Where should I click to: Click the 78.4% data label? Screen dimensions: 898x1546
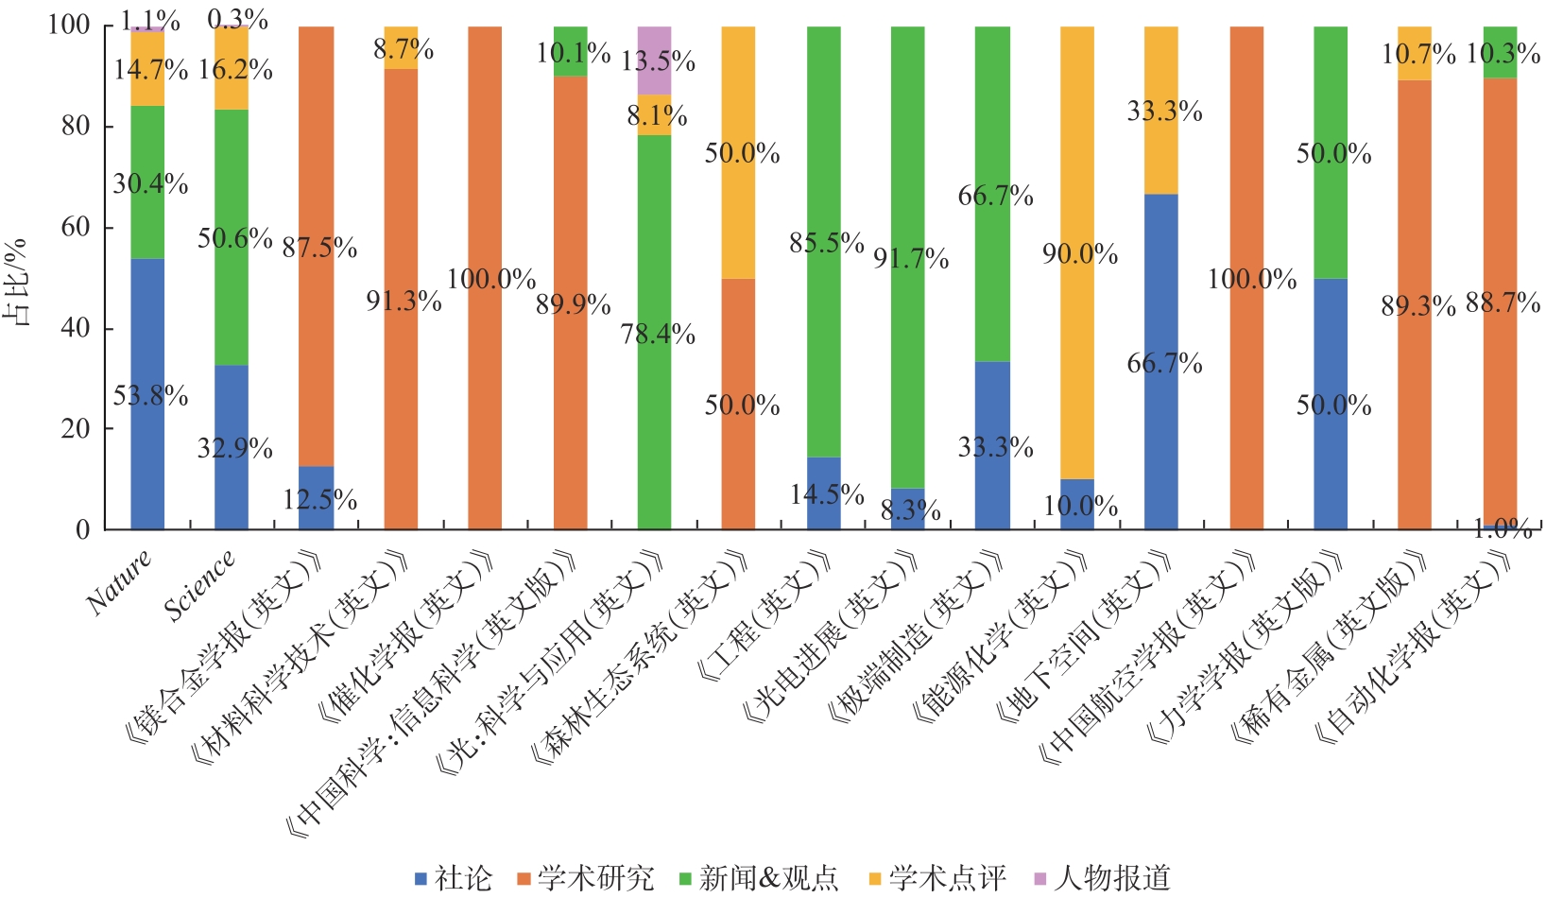(658, 334)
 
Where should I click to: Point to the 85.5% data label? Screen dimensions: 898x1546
(827, 244)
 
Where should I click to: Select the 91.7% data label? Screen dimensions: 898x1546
(911, 258)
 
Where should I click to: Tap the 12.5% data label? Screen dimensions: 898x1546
(319, 499)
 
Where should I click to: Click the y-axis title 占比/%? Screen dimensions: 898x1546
(16, 282)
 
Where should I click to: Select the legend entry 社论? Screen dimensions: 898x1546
(455, 878)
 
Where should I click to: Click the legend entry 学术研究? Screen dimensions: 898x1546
(586, 878)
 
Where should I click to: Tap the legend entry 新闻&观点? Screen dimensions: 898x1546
(760, 878)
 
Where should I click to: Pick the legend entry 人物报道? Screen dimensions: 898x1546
(1103, 878)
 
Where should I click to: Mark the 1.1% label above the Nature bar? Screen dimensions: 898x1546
(150, 20)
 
